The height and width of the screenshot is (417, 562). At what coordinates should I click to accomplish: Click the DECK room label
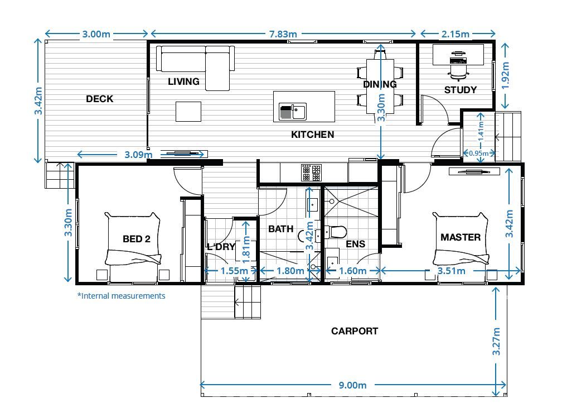[x=99, y=99]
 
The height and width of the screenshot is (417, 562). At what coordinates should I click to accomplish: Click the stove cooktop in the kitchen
[x=311, y=172]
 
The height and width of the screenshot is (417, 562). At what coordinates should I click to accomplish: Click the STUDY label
[x=460, y=90]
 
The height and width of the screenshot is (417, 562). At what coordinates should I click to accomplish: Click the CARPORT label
[x=355, y=331]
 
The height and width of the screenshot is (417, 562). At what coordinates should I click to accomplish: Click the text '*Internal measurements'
[x=121, y=296]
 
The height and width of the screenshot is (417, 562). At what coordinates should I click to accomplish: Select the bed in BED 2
[x=134, y=246]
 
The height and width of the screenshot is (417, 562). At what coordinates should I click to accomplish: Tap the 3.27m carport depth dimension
[x=496, y=342]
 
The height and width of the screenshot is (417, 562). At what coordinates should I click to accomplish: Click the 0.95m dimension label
[x=479, y=153]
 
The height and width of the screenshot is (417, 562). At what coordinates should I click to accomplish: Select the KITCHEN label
[x=313, y=135]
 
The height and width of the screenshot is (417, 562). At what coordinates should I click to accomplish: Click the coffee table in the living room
[x=188, y=111]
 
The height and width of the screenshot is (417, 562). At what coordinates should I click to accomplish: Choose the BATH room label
[x=280, y=229]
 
